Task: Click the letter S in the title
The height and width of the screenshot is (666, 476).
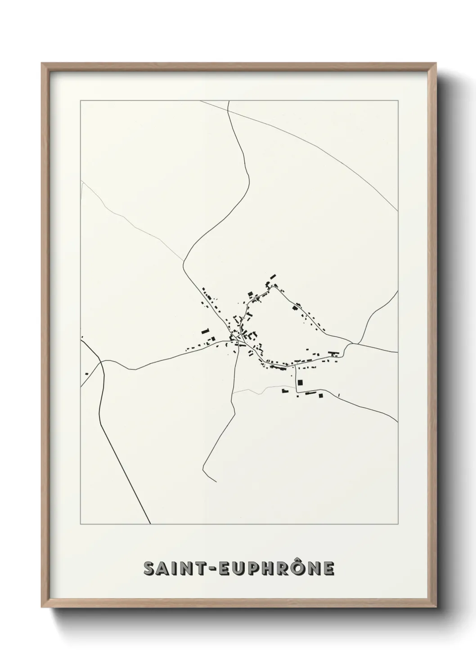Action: tap(149, 568)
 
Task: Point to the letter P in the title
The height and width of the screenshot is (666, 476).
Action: tap(255, 568)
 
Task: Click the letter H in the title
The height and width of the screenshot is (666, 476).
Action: tap(269, 568)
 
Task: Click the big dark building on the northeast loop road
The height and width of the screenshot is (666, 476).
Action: tap(296, 308)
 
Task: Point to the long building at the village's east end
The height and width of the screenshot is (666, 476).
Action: tap(333, 353)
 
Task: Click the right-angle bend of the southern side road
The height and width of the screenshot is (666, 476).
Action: tap(296, 388)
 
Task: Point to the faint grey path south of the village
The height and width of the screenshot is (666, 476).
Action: tap(252, 391)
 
